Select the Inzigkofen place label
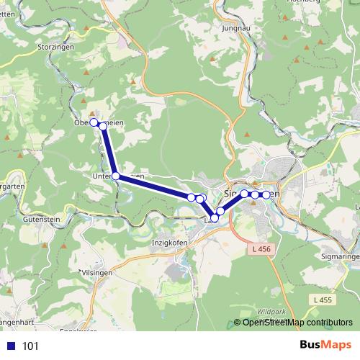coord(169,243)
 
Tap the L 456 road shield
coord(263,249)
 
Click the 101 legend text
coord(30,346)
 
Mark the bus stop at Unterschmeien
coord(115,175)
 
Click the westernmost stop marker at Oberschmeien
coord(94,123)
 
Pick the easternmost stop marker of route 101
coord(266,195)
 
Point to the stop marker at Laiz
coord(214,218)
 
